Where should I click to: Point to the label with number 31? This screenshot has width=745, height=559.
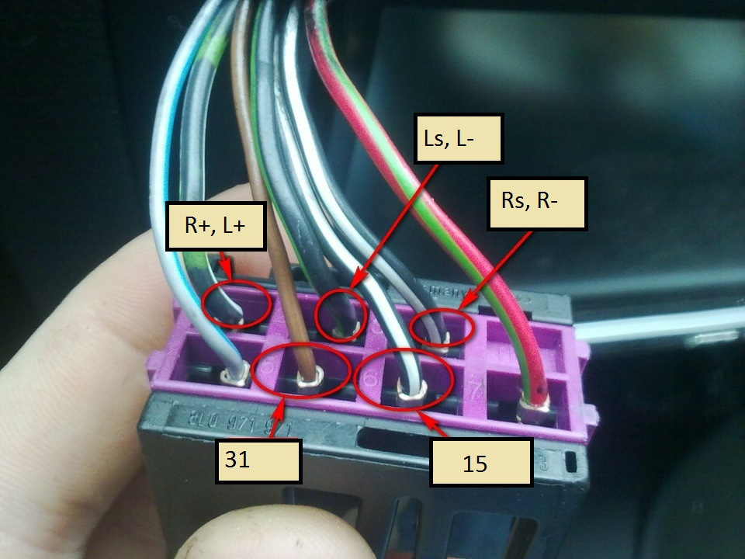pyautogui.click(x=257, y=460)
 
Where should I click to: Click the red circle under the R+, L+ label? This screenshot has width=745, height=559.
pyautogui.click(x=237, y=304)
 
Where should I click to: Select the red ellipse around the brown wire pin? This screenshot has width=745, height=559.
pyautogui.click(x=301, y=371)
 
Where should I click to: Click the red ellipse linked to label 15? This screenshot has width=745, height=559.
pyautogui.click(x=404, y=378)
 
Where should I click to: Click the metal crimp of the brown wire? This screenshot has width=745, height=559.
pyautogui.click(x=310, y=381)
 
